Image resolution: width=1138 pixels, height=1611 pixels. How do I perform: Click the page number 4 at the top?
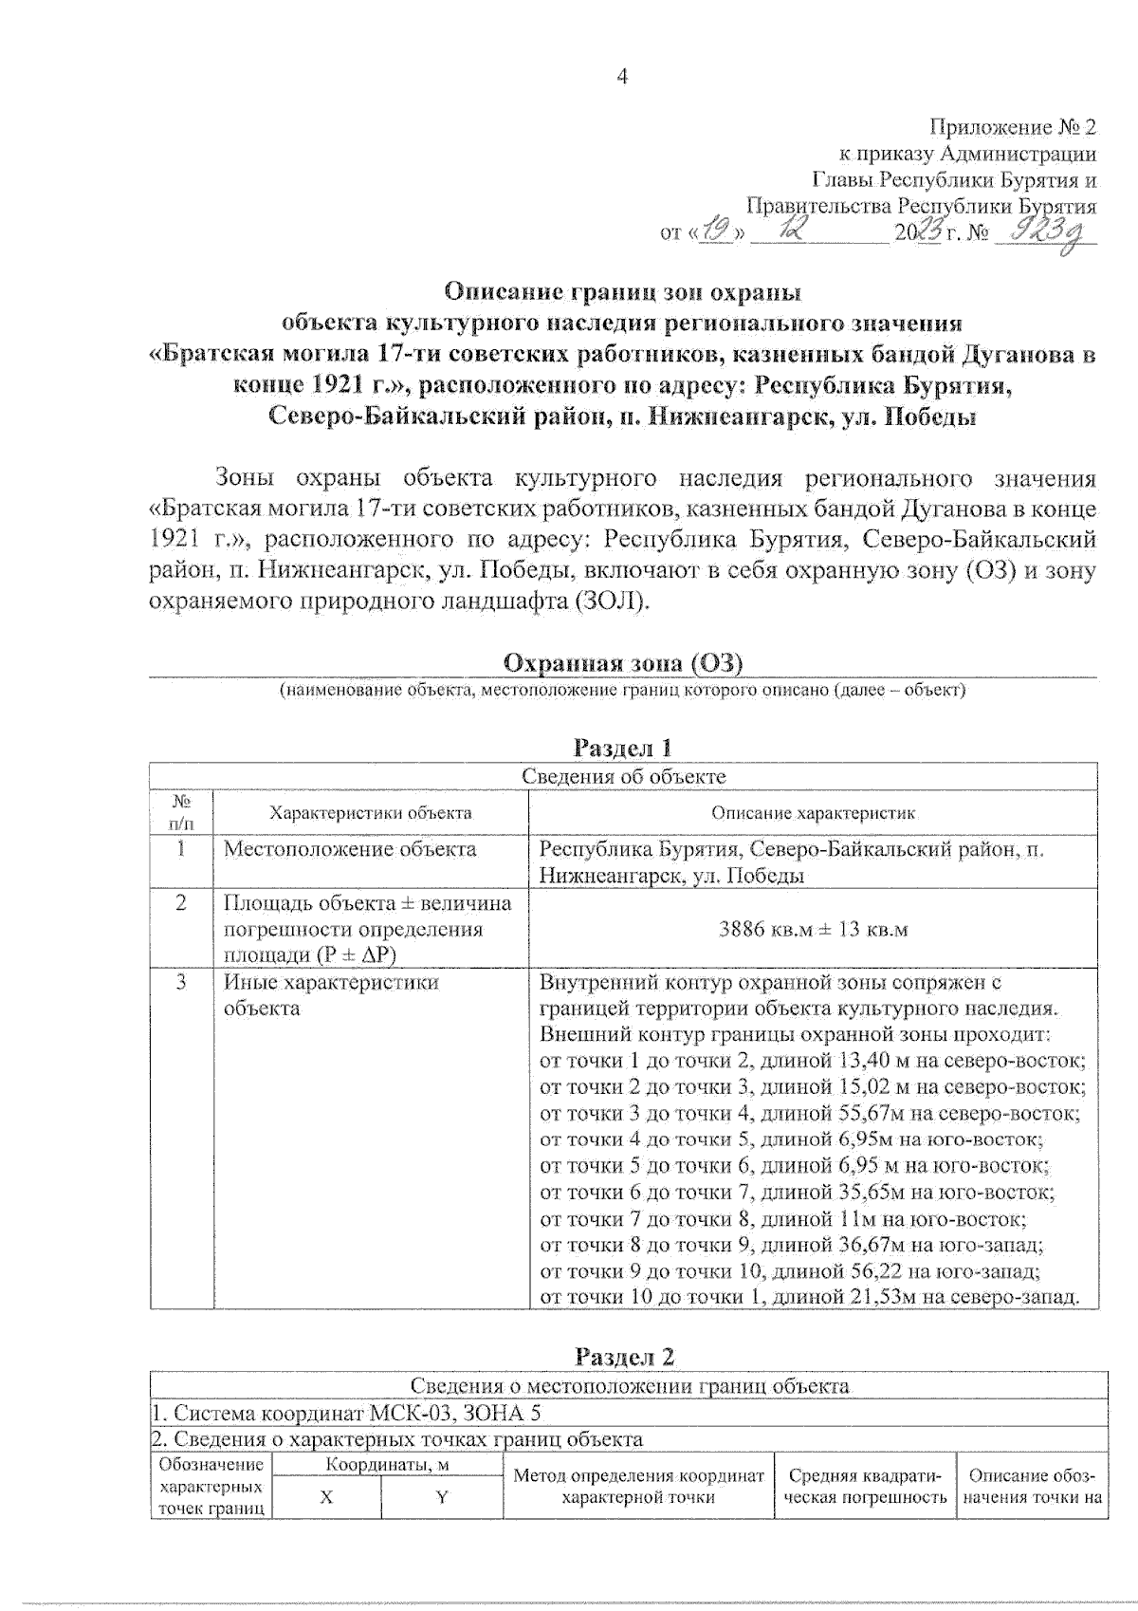[x=623, y=77]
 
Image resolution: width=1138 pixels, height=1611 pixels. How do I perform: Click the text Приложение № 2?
[x=1012, y=127]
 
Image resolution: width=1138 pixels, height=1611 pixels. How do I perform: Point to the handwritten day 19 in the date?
[x=718, y=230]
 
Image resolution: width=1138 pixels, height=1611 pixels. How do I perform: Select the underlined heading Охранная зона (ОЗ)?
[x=623, y=662]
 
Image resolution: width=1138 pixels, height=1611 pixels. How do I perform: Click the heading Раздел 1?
[x=623, y=748]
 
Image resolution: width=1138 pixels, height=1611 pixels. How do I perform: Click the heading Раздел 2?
[x=625, y=1357]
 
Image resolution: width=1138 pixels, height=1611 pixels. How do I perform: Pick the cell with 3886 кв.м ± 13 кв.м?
[x=813, y=929]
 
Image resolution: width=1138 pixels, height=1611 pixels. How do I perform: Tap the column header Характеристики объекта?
[x=370, y=813]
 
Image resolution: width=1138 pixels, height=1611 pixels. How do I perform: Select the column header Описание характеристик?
[x=813, y=813]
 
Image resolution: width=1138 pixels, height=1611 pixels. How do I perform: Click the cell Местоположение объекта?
[x=350, y=849]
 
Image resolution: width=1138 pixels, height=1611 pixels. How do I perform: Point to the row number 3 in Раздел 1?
[x=181, y=982]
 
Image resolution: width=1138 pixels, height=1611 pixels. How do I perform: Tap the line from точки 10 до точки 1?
[x=809, y=1297]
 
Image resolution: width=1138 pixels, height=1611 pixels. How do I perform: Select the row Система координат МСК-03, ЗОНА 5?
[x=347, y=1413]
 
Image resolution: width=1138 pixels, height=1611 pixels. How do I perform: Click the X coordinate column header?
[x=327, y=1497]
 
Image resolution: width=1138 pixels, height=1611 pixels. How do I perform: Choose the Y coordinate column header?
[x=442, y=1497]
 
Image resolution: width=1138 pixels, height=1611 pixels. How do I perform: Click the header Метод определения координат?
[x=638, y=1476]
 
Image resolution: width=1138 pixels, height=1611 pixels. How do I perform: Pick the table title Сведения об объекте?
[x=623, y=776]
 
